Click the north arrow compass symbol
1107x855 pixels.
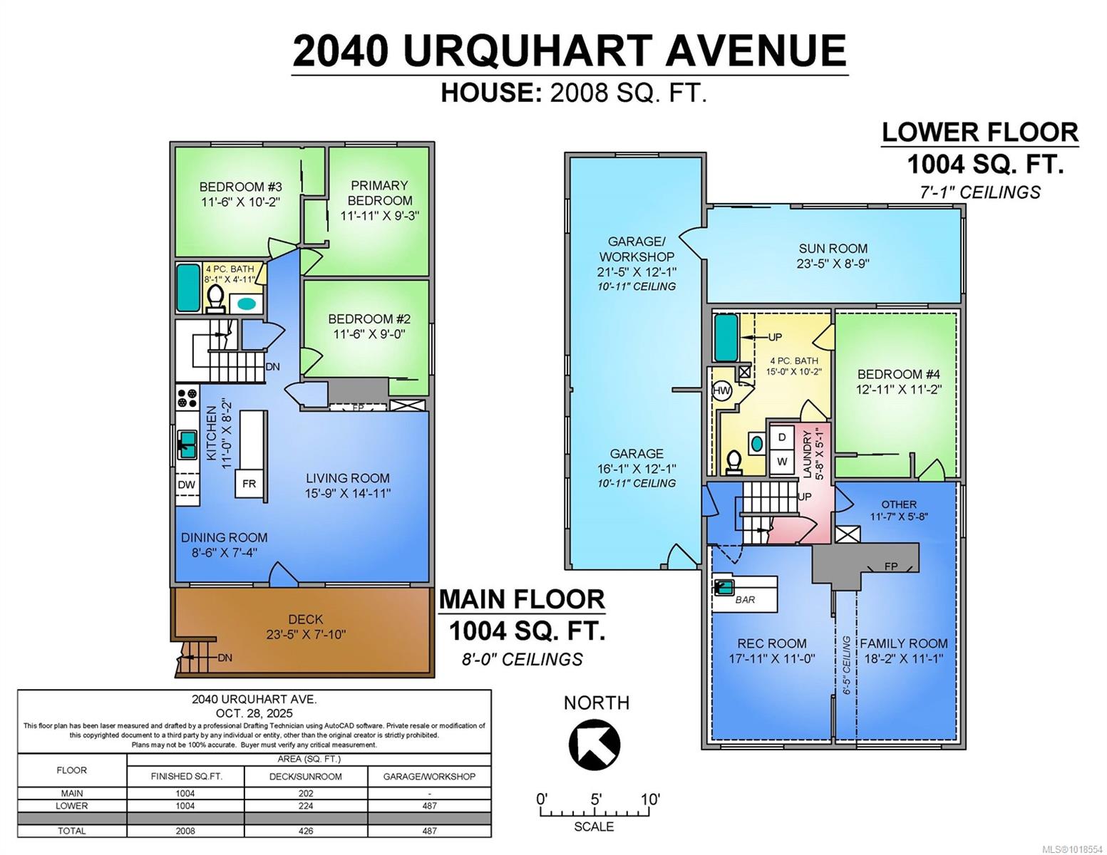coord(594,745)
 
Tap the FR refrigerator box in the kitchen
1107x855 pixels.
coord(249,484)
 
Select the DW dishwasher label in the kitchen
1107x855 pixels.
coord(187,485)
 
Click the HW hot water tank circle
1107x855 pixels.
coord(721,390)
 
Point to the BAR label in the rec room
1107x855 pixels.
coord(745,600)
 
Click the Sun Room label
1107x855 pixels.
coord(833,249)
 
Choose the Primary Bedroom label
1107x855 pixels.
coord(379,193)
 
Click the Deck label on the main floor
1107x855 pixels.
coord(306,619)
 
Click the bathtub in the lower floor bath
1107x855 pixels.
coord(726,338)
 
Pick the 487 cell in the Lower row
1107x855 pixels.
coord(429,806)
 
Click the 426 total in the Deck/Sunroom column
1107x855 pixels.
coord(306,831)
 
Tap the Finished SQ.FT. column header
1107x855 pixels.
coord(186,777)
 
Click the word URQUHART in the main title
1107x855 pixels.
coord(527,51)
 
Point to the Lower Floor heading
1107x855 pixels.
coord(979,133)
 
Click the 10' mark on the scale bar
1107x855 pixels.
coord(650,799)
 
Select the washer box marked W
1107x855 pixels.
coord(782,461)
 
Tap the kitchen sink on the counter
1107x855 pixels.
coord(187,445)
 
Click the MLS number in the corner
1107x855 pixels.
coord(1073,849)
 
